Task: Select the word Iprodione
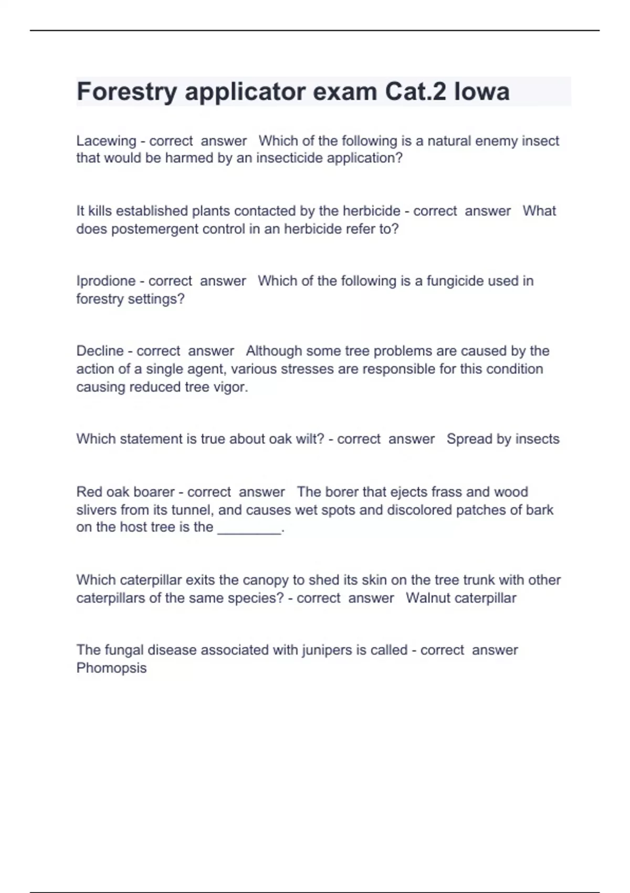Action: tap(106, 281)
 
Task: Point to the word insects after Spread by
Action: tap(538, 439)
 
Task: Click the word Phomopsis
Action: tap(111, 668)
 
